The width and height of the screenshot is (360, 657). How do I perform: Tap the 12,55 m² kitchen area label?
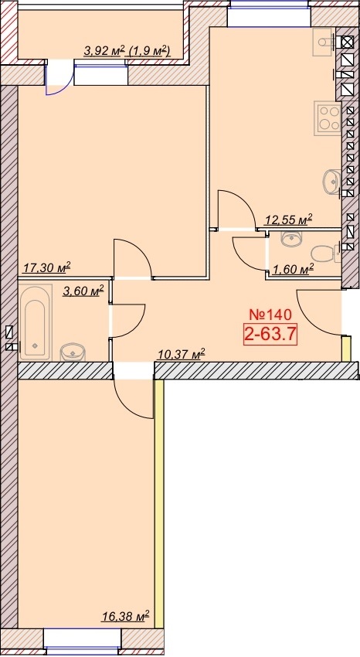pos(289,220)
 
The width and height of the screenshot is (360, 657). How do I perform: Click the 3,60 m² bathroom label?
pos(83,291)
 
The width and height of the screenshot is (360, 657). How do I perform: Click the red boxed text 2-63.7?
pos(270,335)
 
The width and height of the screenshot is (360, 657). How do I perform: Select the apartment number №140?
pos(270,314)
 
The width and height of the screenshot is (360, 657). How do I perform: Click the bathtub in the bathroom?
pos(36,322)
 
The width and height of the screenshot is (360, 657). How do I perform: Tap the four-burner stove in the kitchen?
pos(328,118)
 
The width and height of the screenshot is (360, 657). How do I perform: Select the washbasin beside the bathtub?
pos(73,352)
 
